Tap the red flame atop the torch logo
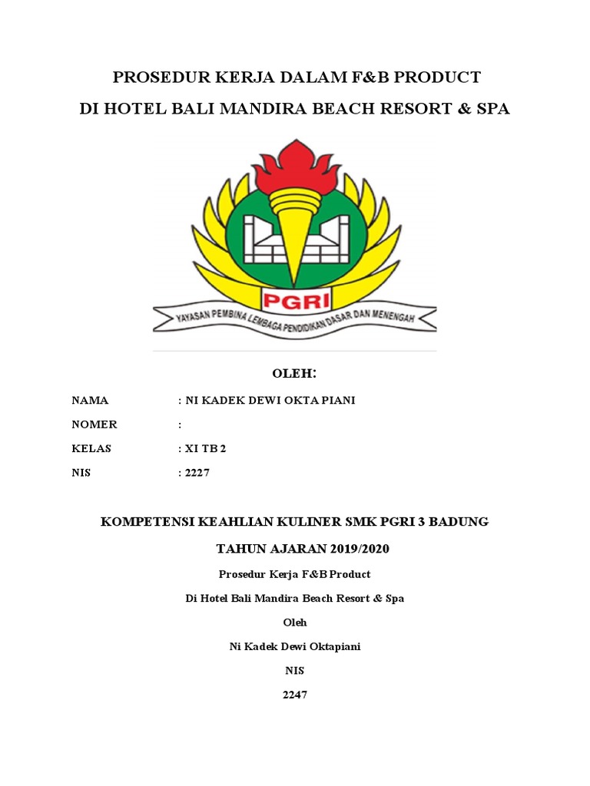coord(296,163)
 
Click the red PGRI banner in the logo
coord(295,296)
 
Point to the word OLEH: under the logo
coord(295,374)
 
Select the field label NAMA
coord(90,401)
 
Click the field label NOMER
coord(94,424)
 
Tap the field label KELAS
coord(91,448)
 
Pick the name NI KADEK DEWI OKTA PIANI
coord(269,401)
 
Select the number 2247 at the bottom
coord(295,695)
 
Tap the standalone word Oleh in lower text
coord(295,622)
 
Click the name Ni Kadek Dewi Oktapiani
coord(295,646)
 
